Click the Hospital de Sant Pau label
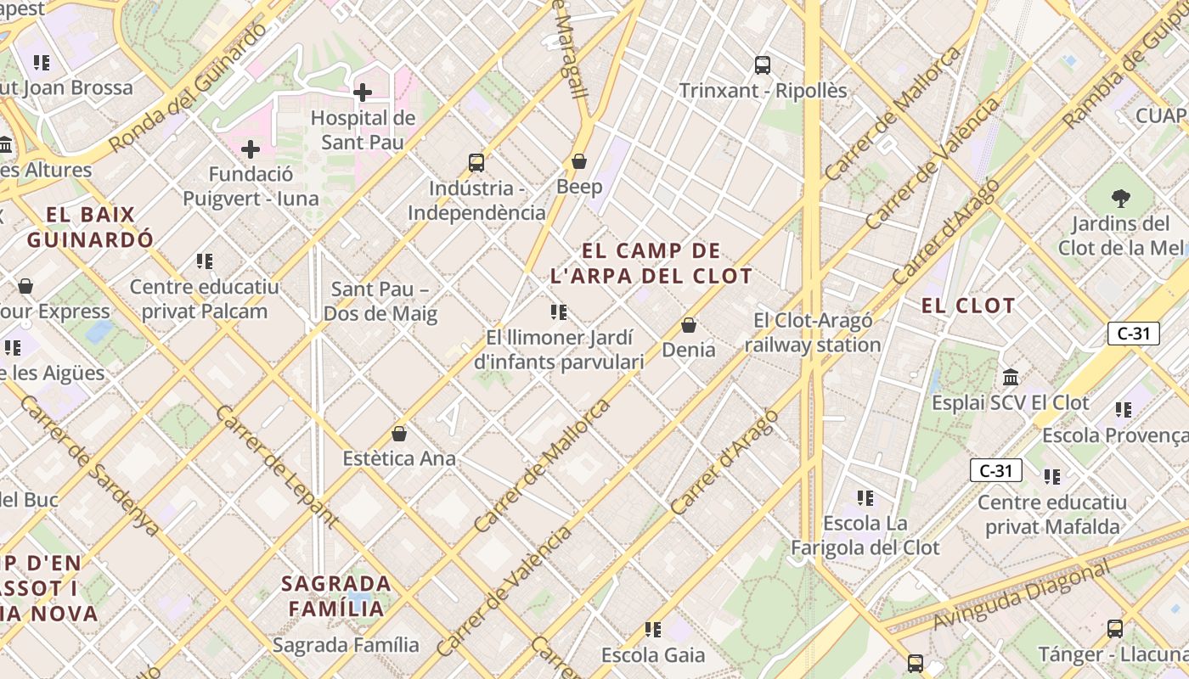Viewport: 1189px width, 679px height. tap(363, 130)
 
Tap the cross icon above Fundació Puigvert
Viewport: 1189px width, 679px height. tap(251, 150)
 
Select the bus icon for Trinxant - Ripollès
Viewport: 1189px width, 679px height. tap(763, 65)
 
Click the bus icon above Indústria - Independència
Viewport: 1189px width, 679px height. tap(476, 162)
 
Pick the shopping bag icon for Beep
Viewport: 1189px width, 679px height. tap(579, 161)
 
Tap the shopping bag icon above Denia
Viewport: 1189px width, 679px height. tap(689, 325)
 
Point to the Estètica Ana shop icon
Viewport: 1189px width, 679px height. tap(399, 434)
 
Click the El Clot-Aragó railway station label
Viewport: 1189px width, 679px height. tap(813, 333)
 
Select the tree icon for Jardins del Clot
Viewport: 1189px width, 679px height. tap(1121, 199)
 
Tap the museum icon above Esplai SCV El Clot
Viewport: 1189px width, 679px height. tap(1011, 377)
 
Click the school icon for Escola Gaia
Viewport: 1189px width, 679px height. tap(653, 630)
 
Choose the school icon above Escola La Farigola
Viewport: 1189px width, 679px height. tap(865, 498)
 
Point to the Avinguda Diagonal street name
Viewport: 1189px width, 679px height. tap(1021, 596)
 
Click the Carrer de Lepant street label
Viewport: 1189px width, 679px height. tap(277, 460)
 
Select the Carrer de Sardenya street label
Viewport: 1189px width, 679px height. tap(89, 465)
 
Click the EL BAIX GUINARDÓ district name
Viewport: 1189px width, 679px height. tap(90, 227)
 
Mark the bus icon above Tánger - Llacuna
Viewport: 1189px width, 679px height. tap(1115, 629)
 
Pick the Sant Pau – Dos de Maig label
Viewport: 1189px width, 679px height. tap(380, 301)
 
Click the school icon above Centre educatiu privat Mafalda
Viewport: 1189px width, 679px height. tap(1052, 477)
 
